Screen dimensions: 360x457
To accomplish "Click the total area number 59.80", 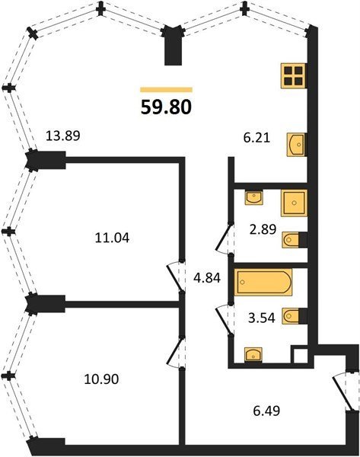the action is pos(166,107).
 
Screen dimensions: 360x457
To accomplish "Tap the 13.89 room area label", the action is pos(63,136).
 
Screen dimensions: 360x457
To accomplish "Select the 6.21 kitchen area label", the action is pos(257,137).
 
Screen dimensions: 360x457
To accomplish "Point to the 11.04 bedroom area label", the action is pos(112,238).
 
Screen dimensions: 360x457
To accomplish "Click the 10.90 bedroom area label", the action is pos(101,379).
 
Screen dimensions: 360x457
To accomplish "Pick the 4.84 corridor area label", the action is pos(207,278).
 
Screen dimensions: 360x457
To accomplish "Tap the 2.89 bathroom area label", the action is pos(263,229).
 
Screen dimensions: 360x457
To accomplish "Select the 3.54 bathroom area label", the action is pos(262,318).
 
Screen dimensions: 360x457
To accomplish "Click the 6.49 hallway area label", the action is pos(266,411).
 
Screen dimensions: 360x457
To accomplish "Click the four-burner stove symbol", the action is pos(293,75).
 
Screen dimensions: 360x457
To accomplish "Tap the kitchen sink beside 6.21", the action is pos(296,145).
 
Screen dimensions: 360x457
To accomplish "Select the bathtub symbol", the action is pos(263,282).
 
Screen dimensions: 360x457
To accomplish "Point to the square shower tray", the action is pos(295,203).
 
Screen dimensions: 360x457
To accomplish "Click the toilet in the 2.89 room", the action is pos(292,240).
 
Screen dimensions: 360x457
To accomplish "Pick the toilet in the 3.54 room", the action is pos(292,316).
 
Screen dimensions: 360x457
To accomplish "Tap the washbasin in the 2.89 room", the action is pos(254,197).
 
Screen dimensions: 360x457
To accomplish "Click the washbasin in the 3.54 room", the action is pos(253,355).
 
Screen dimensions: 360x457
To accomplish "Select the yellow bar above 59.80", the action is pos(167,89).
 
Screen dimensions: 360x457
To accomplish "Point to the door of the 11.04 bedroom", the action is pos(175,276).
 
